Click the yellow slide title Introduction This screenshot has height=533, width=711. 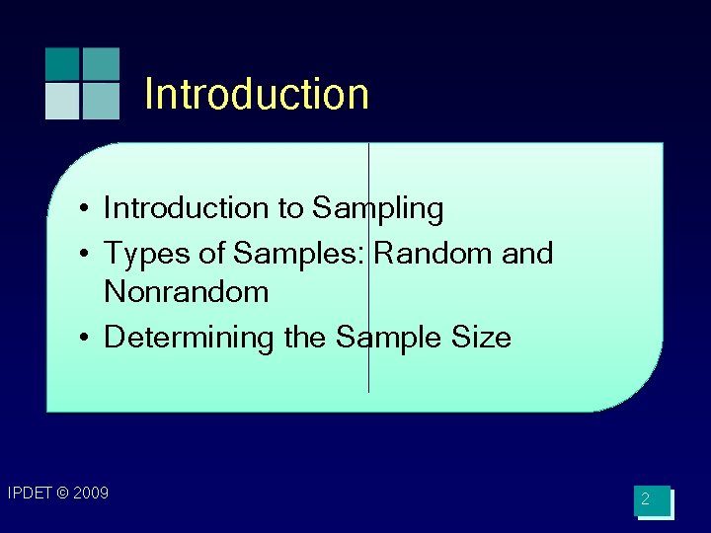point(257,95)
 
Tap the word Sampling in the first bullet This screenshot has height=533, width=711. point(378,209)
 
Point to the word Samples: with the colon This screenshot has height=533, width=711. point(299,254)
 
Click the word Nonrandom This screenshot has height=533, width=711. point(187,292)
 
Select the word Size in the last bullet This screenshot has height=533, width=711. point(482,338)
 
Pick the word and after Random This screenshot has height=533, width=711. point(527,253)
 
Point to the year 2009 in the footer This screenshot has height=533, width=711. point(90,493)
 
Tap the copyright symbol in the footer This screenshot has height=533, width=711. point(62,493)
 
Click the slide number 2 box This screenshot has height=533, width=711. point(653,501)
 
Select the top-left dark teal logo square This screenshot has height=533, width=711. point(61,63)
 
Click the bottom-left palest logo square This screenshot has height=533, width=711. point(61,101)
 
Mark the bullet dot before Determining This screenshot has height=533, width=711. point(88,339)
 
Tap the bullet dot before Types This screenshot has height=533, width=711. point(88,255)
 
